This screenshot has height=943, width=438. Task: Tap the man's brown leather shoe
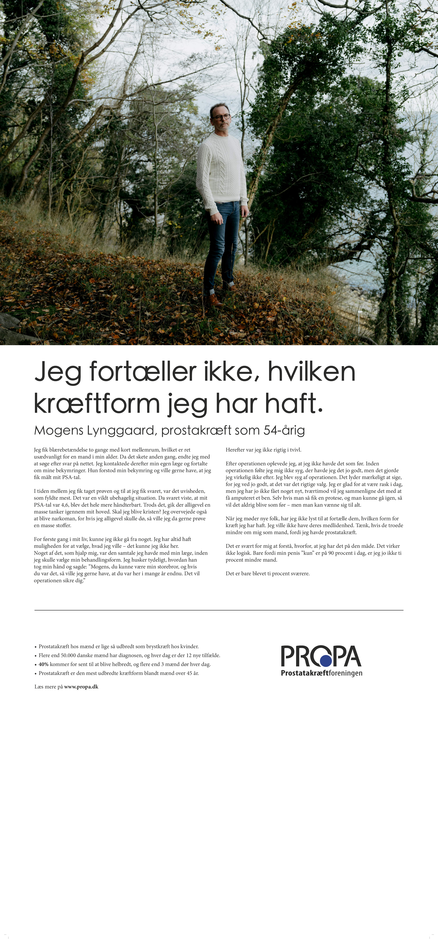(x=215, y=301)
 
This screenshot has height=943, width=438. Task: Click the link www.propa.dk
(x=81, y=687)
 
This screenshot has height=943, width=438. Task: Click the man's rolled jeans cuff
(x=211, y=291)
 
